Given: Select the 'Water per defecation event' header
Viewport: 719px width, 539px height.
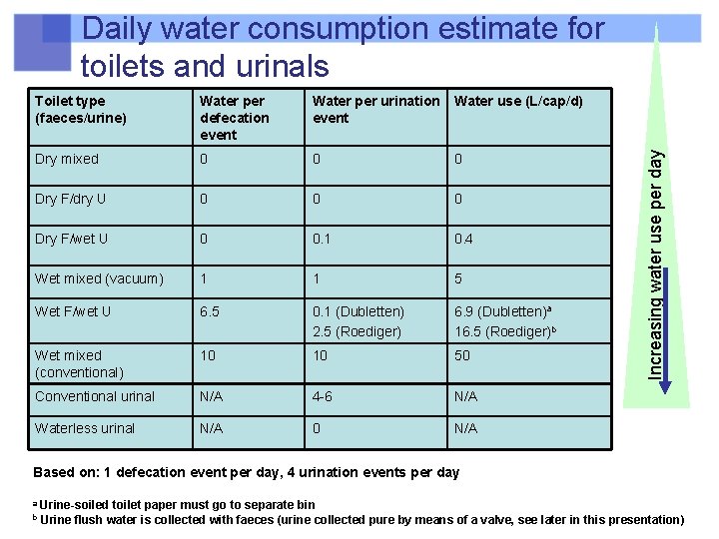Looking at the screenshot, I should pyautogui.click(x=235, y=118).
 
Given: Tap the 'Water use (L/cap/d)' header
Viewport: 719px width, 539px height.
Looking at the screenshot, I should pyautogui.click(x=518, y=101).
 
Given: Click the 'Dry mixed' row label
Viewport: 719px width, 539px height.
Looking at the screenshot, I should pyautogui.click(x=66, y=159).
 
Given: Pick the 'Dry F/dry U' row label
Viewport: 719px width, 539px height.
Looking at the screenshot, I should pyautogui.click(x=70, y=199).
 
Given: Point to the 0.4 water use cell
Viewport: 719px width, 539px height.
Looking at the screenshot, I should pyautogui.click(x=464, y=239).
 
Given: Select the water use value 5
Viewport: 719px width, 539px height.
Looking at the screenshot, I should pyautogui.click(x=458, y=278).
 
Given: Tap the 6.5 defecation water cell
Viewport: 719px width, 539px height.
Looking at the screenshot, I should pyautogui.click(x=210, y=311).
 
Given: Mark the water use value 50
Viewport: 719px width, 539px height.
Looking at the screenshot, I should pyautogui.click(x=462, y=355).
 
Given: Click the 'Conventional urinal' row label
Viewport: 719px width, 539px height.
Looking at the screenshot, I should pyautogui.click(x=95, y=396).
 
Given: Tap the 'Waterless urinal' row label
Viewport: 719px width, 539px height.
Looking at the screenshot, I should pyautogui.click(x=84, y=428).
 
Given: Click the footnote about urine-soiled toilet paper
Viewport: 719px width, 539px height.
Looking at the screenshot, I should pyautogui.click(x=176, y=504).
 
